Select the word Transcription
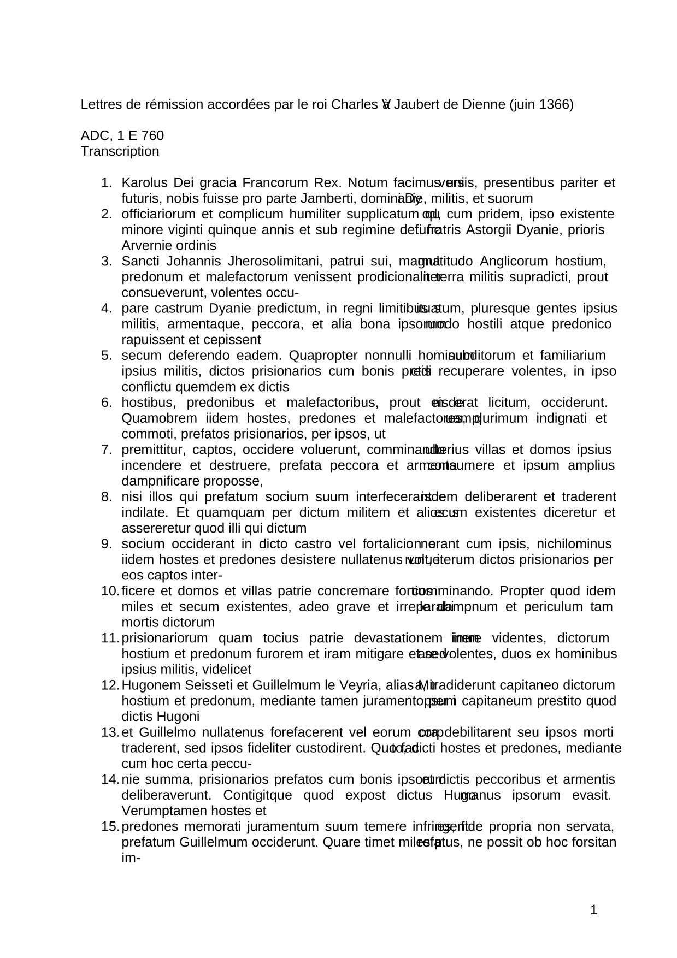click(x=120, y=151)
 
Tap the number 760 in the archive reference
click(x=153, y=135)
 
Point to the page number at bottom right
click(x=594, y=910)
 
